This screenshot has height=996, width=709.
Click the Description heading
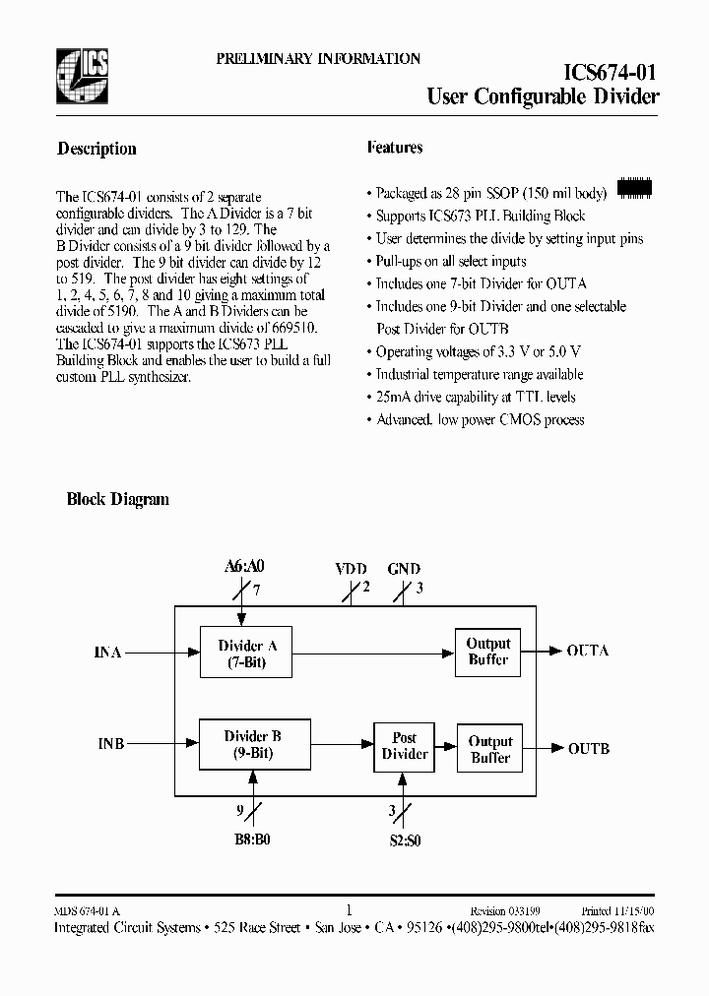(97, 149)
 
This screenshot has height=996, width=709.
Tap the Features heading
(394, 148)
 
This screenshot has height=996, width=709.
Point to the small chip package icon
(634, 187)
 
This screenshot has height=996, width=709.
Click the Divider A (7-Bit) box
(247, 654)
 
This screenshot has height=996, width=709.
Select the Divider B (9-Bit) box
(253, 745)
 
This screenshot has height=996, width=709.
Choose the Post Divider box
(404, 746)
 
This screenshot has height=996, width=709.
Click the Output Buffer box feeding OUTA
(487, 652)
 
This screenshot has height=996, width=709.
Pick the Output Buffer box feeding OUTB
(489, 749)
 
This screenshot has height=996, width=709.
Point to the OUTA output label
(588, 651)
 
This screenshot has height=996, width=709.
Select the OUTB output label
(588, 749)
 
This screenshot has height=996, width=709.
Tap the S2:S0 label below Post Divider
(403, 842)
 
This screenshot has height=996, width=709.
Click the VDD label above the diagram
(351, 569)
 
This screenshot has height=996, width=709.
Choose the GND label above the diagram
(404, 569)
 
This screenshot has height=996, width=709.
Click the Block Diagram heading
(117, 499)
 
